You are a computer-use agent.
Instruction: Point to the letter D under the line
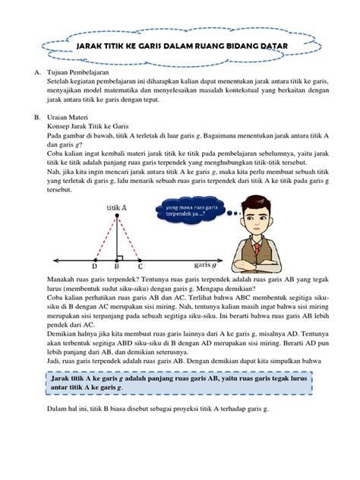coord(94,267)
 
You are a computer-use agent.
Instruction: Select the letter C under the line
coord(140,267)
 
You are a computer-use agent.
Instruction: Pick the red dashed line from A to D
coord(105,236)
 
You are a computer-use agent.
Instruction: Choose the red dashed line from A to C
coord(128,236)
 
